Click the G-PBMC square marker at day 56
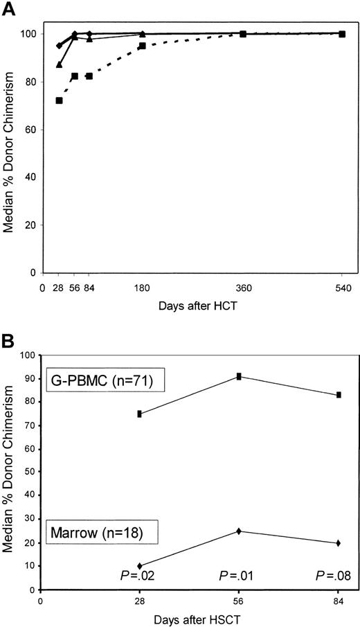click(239, 376)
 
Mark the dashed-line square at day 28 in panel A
click(59, 100)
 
